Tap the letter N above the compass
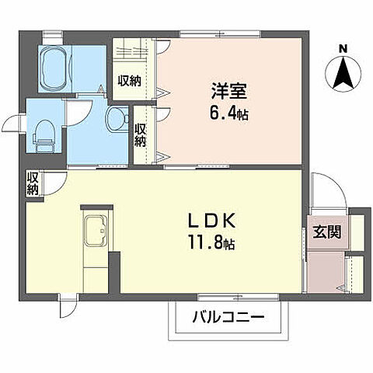click(343, 49)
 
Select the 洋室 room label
click(228, 90)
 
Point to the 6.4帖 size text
click(228, 113)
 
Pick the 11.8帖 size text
click(210, 243)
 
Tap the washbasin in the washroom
click(117, 119)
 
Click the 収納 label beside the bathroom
click(129, 80)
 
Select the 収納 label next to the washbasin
click(141, 135)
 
